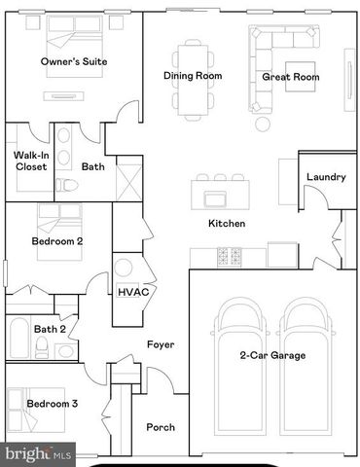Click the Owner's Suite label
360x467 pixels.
(74, 61)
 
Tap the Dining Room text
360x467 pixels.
(193, 76)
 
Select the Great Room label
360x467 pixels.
(291, 77)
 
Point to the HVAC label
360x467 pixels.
(133, 292)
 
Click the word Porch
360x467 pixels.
(161, 427)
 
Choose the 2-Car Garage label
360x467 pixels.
(272, 355)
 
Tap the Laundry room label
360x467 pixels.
(326, 177)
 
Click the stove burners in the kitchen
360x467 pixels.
(230, 257)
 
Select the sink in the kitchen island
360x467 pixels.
(215, 198)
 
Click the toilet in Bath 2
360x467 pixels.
(41, 347)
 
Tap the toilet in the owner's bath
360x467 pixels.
(66, 185)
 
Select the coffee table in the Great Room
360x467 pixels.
(300, 77)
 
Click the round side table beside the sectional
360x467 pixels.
(263, 124)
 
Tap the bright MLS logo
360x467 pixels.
(38, 454)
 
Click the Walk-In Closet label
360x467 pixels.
(31, 162)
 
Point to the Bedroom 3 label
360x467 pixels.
(53, 404)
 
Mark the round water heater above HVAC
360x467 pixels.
(124, 268)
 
